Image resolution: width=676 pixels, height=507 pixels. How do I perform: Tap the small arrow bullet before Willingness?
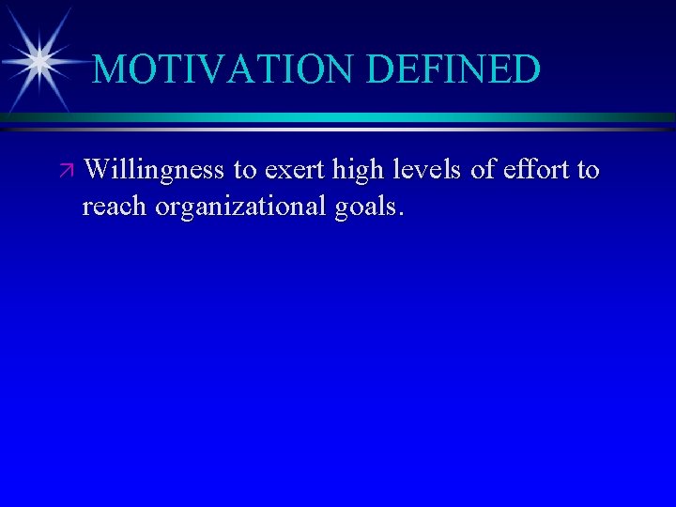[x=65, y=172]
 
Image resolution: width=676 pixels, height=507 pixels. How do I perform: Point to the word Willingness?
[x=154, y=170]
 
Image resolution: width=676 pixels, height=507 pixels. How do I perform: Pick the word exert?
[x=292, y=171]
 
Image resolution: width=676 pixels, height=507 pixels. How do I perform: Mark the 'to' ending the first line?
[x=589, y=171]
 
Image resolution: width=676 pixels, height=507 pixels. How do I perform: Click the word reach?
[x=115, y=206]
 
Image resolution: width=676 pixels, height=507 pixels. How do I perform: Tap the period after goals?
[x=402, y=214]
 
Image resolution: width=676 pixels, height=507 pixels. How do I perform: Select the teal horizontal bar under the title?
[x=376, y=117]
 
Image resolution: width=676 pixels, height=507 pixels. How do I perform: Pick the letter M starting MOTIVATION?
[x=110, y=69]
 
